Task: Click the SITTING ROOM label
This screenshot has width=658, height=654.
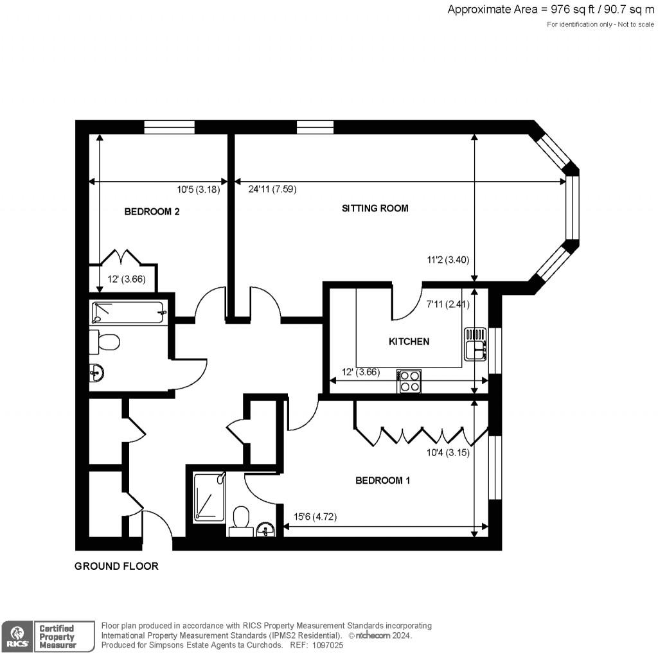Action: click(375, 208)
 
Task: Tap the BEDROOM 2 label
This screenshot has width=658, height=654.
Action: click(152, 211)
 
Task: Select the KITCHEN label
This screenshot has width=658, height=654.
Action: click(409, 341)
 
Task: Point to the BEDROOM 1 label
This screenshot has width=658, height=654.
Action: click(383, 480)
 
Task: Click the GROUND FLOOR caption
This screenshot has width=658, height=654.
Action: click(116, 566)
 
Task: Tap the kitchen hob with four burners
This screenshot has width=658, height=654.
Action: click(409, 381)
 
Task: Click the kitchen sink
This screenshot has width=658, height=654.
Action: click(475, 344)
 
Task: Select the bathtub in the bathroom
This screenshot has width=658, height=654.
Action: click(129, 313)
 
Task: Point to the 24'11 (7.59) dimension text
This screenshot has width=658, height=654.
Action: click(272, 189)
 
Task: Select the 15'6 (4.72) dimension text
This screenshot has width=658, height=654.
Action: click(316, 517)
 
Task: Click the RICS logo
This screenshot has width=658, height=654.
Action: click(15, 635)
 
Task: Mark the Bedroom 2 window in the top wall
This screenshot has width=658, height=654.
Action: click(169, 127)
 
